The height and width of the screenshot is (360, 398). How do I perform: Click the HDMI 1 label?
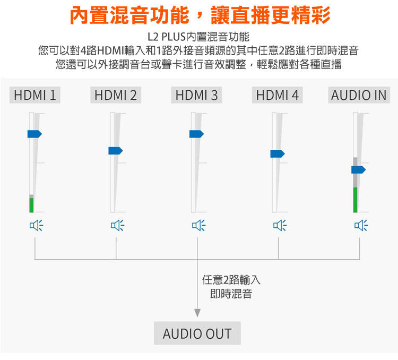[35, 95]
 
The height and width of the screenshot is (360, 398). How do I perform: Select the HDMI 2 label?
[116, 95]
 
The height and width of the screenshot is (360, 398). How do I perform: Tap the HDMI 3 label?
[196, 95]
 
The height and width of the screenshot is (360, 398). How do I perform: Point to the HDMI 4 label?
[277, 95]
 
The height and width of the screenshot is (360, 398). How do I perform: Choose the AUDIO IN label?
[359, 95]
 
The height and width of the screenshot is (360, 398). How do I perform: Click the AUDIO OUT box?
[197, 333]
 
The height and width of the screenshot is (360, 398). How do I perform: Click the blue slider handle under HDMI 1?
[34, 134]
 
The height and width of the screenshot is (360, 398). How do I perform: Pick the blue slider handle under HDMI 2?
[116, 151]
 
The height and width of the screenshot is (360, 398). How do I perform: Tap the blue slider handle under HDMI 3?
[196, 134]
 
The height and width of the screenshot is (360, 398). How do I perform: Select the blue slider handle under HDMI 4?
[278, 153]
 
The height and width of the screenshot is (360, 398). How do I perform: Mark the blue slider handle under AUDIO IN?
[358, 169]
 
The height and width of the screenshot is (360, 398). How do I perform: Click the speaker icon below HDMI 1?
[36, 225]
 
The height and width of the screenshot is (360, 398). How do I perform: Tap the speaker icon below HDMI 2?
[117, 225]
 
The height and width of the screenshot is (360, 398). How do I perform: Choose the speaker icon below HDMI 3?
[199, 225]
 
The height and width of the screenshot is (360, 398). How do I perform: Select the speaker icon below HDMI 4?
[280, 225]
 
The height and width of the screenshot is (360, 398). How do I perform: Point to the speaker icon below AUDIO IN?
[361, 225]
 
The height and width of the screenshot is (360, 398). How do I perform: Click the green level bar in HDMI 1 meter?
[31, 205]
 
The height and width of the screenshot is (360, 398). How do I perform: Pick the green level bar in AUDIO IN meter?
[356, 200]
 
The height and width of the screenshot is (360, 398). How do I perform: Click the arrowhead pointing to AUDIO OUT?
[197, 313]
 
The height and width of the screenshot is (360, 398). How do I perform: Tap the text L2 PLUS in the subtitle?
[167, 37]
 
